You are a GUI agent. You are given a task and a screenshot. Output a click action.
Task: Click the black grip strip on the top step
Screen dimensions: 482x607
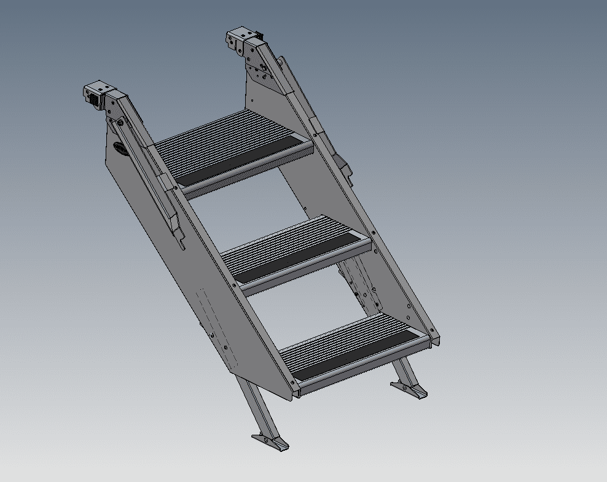243,162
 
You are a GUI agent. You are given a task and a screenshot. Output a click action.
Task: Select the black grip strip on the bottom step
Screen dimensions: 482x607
356,356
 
